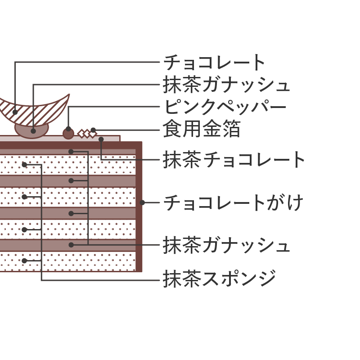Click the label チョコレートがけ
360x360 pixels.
[x=233, y=203]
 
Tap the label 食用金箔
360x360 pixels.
[x=202, y=129]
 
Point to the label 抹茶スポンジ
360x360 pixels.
[x=220, y=279]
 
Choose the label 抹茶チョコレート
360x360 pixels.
[x=234, y=160]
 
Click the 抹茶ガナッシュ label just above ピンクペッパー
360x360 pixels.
[x=226, y=85]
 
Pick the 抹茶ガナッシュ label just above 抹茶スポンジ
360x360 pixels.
[x=226, y=245]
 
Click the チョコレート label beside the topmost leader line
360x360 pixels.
[x=215, y=63]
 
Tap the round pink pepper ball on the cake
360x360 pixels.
[x=68, y=134]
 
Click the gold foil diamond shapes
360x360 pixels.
[x=87, y=134]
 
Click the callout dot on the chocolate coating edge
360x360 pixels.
[x=142, y=202]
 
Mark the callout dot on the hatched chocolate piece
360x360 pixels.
[x=15, y=112]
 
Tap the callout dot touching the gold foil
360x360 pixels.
[x=93, y=130]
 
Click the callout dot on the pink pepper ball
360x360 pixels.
[x=68, y=129]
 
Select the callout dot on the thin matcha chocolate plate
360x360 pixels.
[x=101, y=139]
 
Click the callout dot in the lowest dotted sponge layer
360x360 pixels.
[x=24, y=261]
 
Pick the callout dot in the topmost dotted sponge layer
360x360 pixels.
[x=24, y=165]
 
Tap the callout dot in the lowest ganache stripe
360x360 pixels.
[x=71, y=245]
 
